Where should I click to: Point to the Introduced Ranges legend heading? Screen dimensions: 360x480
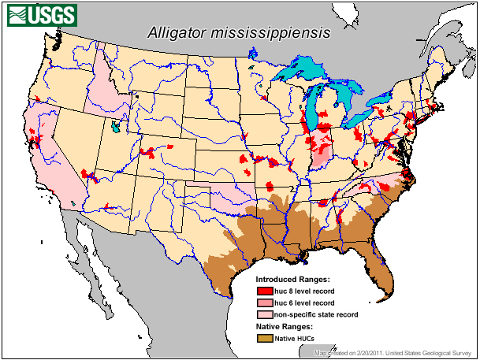coord(293,280)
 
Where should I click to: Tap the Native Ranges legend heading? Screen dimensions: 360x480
coord(285,326)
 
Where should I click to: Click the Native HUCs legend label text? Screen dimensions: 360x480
coord(296,338)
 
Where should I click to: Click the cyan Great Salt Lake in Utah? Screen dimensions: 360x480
coord(117,126)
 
